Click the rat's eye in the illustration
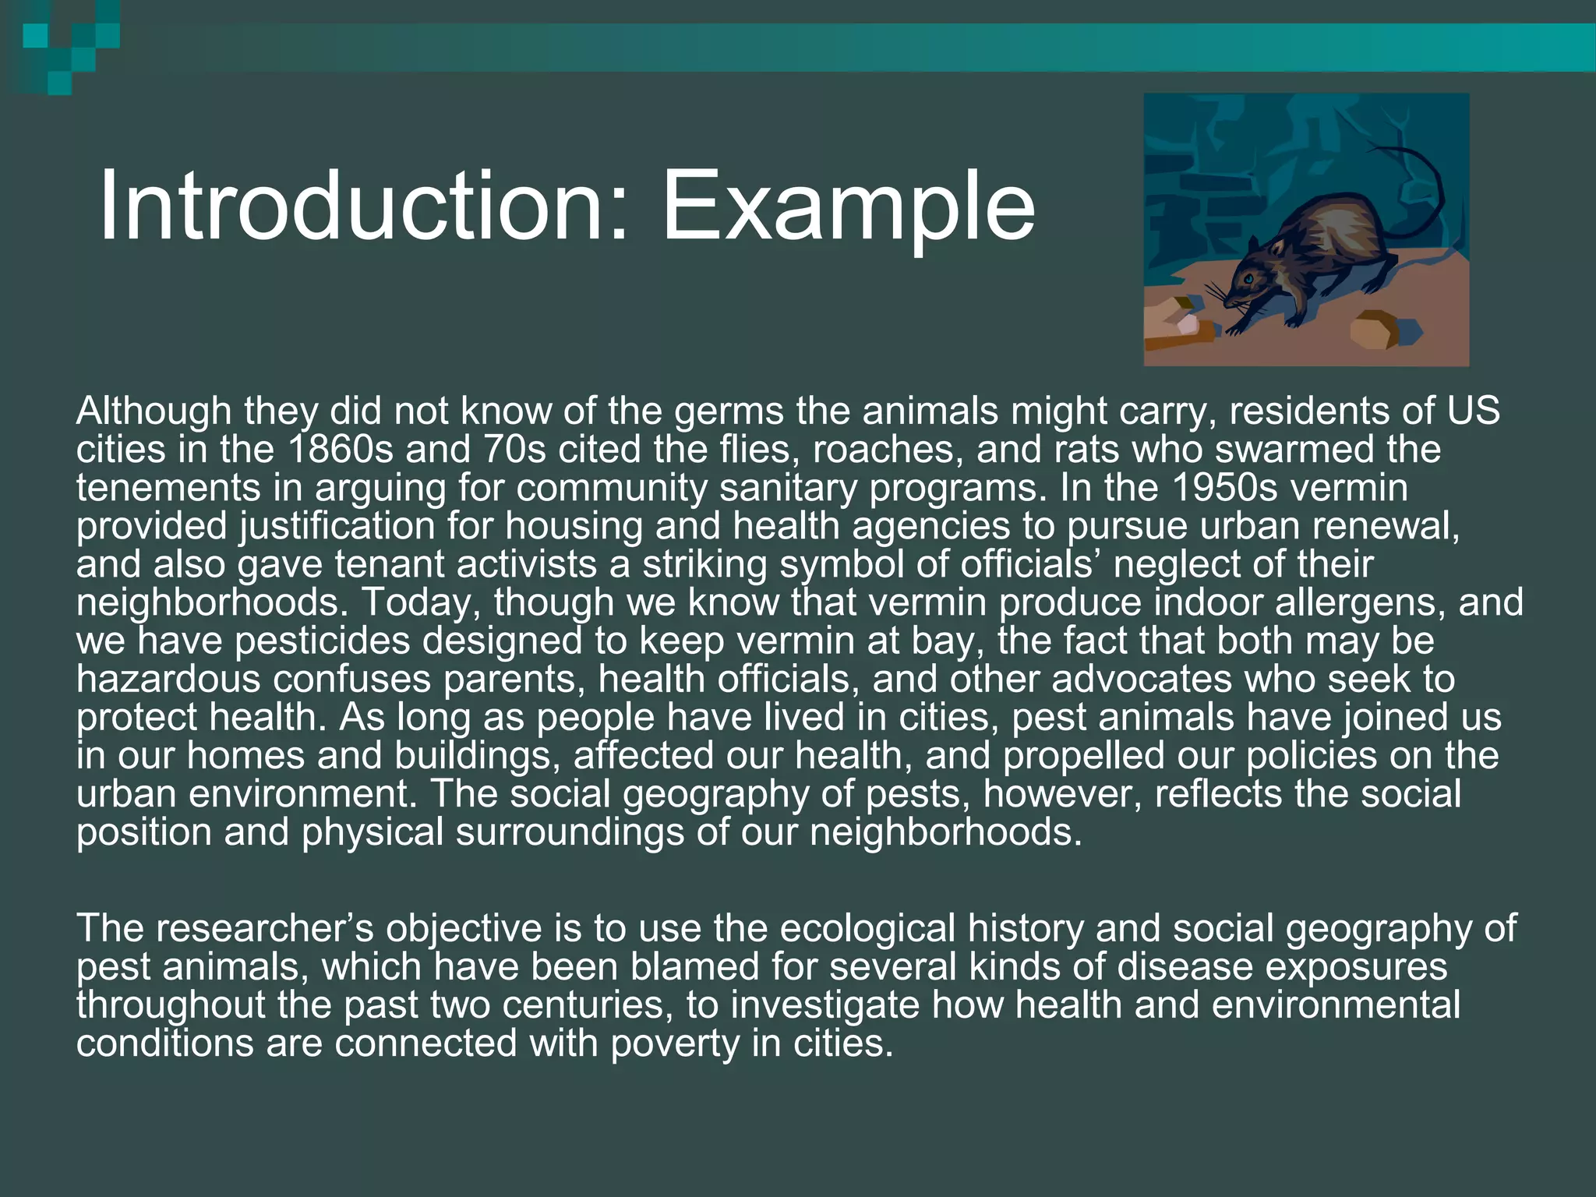1248,278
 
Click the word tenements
168,488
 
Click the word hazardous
168,679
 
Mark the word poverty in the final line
674,1043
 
